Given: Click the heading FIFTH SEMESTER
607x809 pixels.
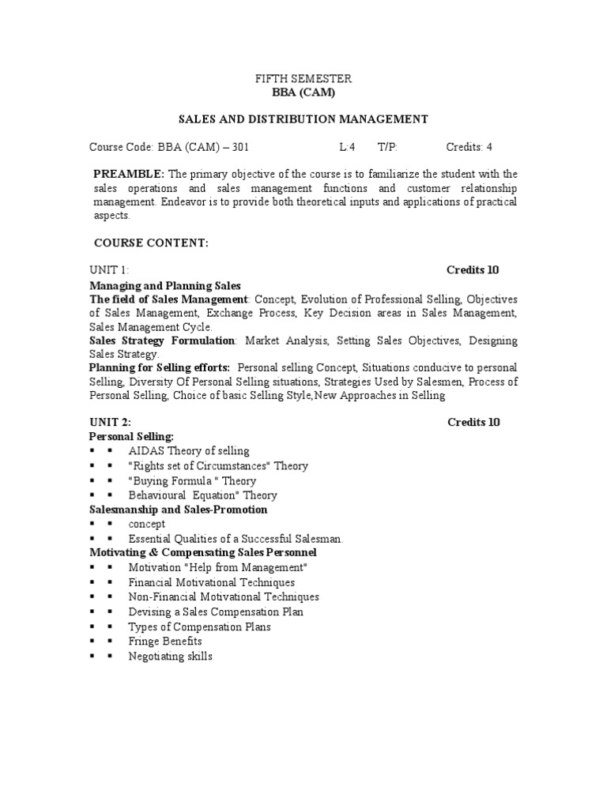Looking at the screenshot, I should (303, 79).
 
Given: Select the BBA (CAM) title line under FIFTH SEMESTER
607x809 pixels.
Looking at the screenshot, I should (303, 92).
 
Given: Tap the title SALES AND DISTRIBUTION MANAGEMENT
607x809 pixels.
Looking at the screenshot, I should (303, 119).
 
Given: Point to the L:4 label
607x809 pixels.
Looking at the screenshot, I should (348, 147).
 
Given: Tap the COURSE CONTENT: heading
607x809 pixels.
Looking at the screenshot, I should (151, 243).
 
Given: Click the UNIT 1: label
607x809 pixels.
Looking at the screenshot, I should (110, 270).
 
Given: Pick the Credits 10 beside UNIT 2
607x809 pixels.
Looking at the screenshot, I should (473, 422).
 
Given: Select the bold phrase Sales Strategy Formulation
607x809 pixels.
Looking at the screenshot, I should (162, 341).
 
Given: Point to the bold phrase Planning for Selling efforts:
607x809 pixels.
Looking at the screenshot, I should (160, 367).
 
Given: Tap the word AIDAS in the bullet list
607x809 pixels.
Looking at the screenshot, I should (145, 451).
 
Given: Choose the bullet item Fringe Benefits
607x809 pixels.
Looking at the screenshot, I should (165, 642).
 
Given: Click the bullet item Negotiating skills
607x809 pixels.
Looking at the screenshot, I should (171, 657).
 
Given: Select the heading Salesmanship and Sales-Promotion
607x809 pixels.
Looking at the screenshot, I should (178, 510).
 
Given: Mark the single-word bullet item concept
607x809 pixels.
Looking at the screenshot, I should (147, 524).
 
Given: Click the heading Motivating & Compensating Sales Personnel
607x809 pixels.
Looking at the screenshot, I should (203, 552).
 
